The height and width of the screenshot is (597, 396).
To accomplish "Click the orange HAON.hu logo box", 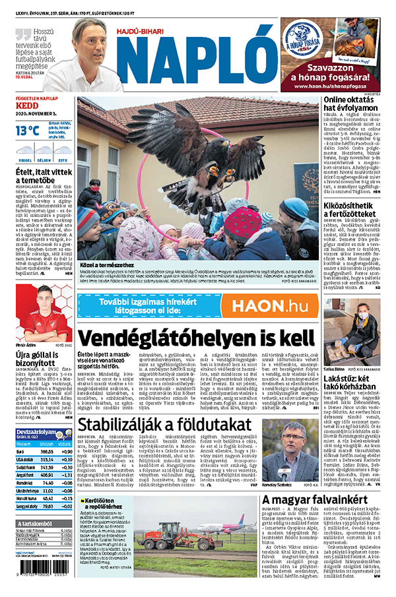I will [270, 305].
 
